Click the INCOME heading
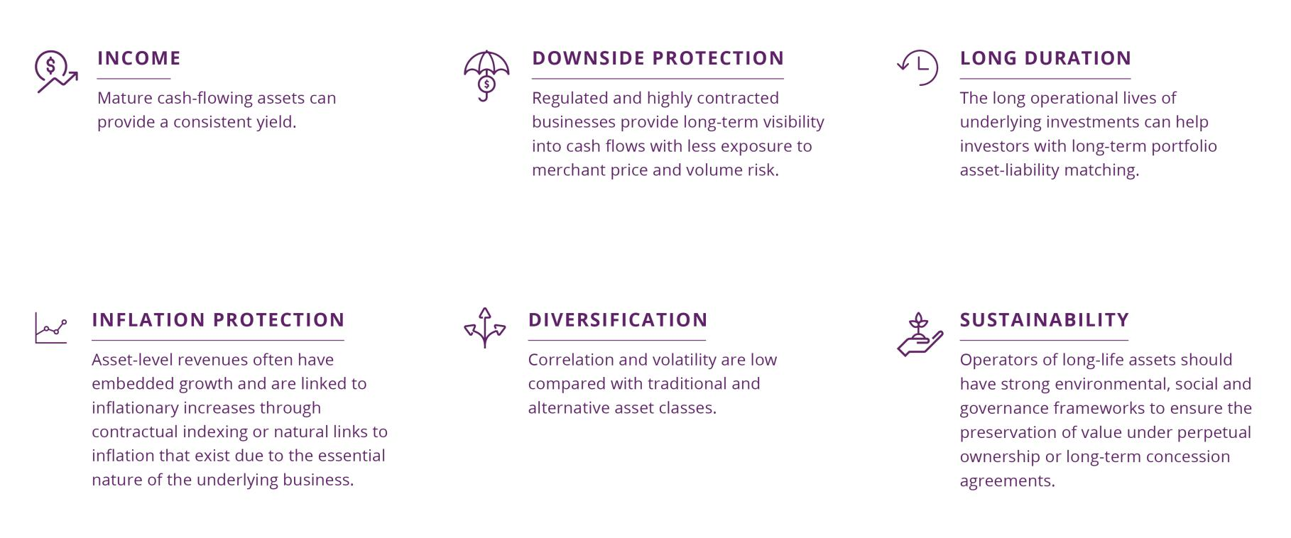pos(139,58)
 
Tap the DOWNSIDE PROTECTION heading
pos(658,58)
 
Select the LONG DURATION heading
pos(1045,58)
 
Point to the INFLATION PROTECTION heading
pos(218,320)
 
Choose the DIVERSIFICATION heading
pos(618,320)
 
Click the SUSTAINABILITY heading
pos(1045,320)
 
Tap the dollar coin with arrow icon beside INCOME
pos(56,72)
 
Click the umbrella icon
pos(486,75)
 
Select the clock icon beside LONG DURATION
pos(917,67)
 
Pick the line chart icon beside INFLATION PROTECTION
pos(51,328)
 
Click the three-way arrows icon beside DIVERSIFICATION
pos(485,328)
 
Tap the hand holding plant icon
pos(920,334)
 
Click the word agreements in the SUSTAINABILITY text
pos(1008,481)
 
